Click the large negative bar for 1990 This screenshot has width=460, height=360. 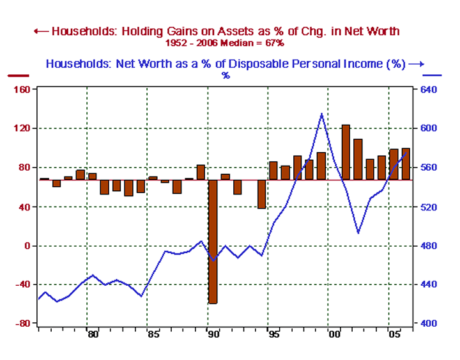(213, 241)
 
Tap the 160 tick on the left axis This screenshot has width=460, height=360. (23, 90)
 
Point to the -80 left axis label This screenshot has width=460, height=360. (23, 324)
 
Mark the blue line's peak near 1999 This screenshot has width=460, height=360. (321, 114)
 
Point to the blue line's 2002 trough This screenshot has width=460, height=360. (358, 233)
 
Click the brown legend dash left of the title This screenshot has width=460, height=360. (19, 75)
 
